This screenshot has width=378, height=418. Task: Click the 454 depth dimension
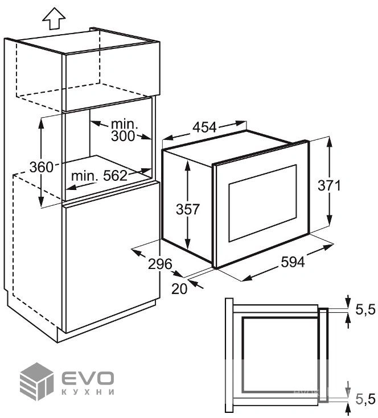click(204, 127)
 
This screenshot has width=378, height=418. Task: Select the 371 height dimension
click(329, 185)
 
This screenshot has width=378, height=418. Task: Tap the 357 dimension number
click(187, 209)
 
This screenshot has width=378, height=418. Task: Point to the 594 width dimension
click(293, 262)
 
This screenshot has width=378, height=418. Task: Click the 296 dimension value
click(160, 264)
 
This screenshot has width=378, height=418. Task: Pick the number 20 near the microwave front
click(179, 289)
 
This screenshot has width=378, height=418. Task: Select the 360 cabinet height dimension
click(42, 167)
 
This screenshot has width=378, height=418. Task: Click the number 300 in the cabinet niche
click(123, 136)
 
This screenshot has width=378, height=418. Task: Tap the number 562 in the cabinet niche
click(115, 176)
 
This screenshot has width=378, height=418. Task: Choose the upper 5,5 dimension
click(365, 310)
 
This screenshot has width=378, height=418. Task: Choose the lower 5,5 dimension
click(365, 400)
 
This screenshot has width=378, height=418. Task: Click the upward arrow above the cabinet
click(54, 18)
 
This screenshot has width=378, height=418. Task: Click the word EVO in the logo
click(88, 378)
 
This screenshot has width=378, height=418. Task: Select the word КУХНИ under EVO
click(88, 392)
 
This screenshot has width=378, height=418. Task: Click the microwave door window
click(262, 203)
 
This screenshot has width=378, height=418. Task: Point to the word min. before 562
click(85, 176)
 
